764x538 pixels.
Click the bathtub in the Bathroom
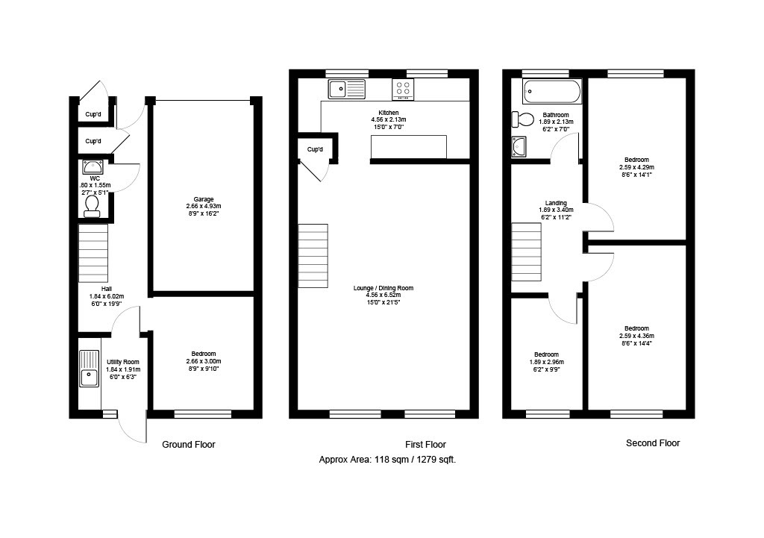pyautogui.click(x=552, y=91)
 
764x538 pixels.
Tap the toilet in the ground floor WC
pyautogui.click(x=92, y=207)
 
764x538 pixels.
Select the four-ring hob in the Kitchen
pyautogui.click(x=403, y=90)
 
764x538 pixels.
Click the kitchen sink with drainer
pyautogui.click(x=346, y=90)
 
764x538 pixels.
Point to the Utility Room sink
pyautogui.click(x=89, y=369)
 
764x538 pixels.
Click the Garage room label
pyautogui.click(x=204, y=199)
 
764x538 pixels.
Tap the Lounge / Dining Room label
pyautogui.click(x=383, y=288)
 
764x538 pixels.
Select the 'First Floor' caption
pyautogui.click(x=425, y=445)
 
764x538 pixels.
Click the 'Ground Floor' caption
pyautogui.click(x=189, y=445)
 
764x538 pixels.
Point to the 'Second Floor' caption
pyautogui.click(x=653, y=443)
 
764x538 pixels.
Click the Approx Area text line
pyautogui.click(x=387, y=459)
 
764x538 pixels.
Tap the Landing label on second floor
pyautogui.click(x=556, y=203)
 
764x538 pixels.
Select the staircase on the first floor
pyautogui.click(x=313, y=256)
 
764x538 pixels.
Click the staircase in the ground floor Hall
pyautogui.click(x=93, y=253)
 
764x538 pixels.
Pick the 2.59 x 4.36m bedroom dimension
pyautogui.click(x=637, y=336)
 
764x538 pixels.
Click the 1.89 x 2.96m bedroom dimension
pyautogui.click(x=546, y=362)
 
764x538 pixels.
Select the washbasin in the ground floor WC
pyautogui.click(x=93, y=167)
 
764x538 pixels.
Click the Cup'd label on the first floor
pyautogui.click(x=315, y=149)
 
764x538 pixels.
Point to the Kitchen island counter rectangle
pyautogui.click(x=409, y=147)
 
